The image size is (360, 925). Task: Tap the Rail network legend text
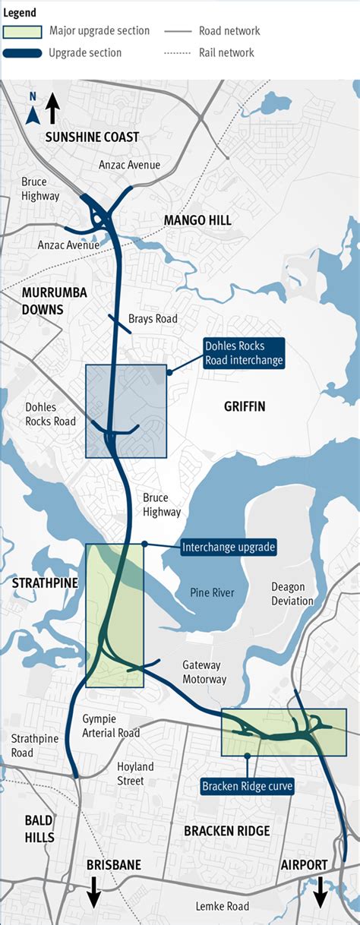click(x=226, y=53)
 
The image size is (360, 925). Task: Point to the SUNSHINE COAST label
click(x=92, y=137)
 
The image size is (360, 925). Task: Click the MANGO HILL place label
click(x=197, y=220)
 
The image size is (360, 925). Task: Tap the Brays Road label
click(x=153, y=319)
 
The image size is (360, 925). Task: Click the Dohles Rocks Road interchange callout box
click(x=243, y=353)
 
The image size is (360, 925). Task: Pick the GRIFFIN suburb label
click(x=245, y=407)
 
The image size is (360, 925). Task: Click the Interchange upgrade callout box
click(x=229, y=547)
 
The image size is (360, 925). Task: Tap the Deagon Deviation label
click(x=292, y=594)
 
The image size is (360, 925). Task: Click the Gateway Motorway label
click(x=204, y=672)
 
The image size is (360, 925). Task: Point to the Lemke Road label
click(x=222, y=907)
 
